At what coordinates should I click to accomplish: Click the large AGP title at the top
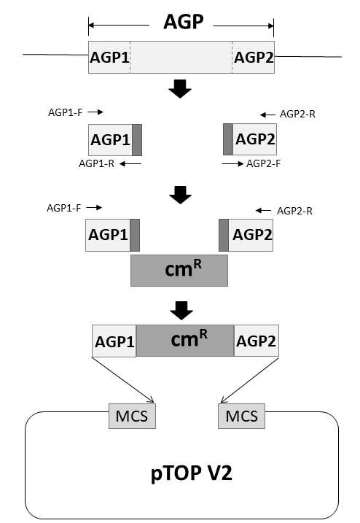point(183,22)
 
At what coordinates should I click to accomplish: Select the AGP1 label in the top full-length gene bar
point(109,58)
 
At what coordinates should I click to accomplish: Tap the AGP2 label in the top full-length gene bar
point(254,58)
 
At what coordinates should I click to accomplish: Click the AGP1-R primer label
point(96,164)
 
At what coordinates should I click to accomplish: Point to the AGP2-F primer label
point(263,164)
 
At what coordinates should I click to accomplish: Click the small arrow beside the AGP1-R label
point(130,164)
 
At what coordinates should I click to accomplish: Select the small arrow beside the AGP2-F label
point(232,164)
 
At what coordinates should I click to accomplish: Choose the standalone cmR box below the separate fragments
point(179,271)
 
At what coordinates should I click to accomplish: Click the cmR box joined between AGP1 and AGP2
point(185,341)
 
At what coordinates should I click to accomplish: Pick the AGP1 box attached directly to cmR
point(114,341)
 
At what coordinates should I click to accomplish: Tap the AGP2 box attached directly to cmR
point(257,341)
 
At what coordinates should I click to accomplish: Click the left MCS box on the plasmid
point(132,416)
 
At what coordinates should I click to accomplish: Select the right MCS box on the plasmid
point(242,416)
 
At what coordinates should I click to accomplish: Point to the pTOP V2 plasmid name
point(192,473)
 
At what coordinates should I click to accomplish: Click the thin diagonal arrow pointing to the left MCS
point(123,380)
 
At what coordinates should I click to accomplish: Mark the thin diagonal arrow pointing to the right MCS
point(250,380)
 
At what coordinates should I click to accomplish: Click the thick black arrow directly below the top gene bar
point(180,89)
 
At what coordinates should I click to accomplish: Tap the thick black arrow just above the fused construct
point(181,311)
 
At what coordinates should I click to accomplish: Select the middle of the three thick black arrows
point(180,195)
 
